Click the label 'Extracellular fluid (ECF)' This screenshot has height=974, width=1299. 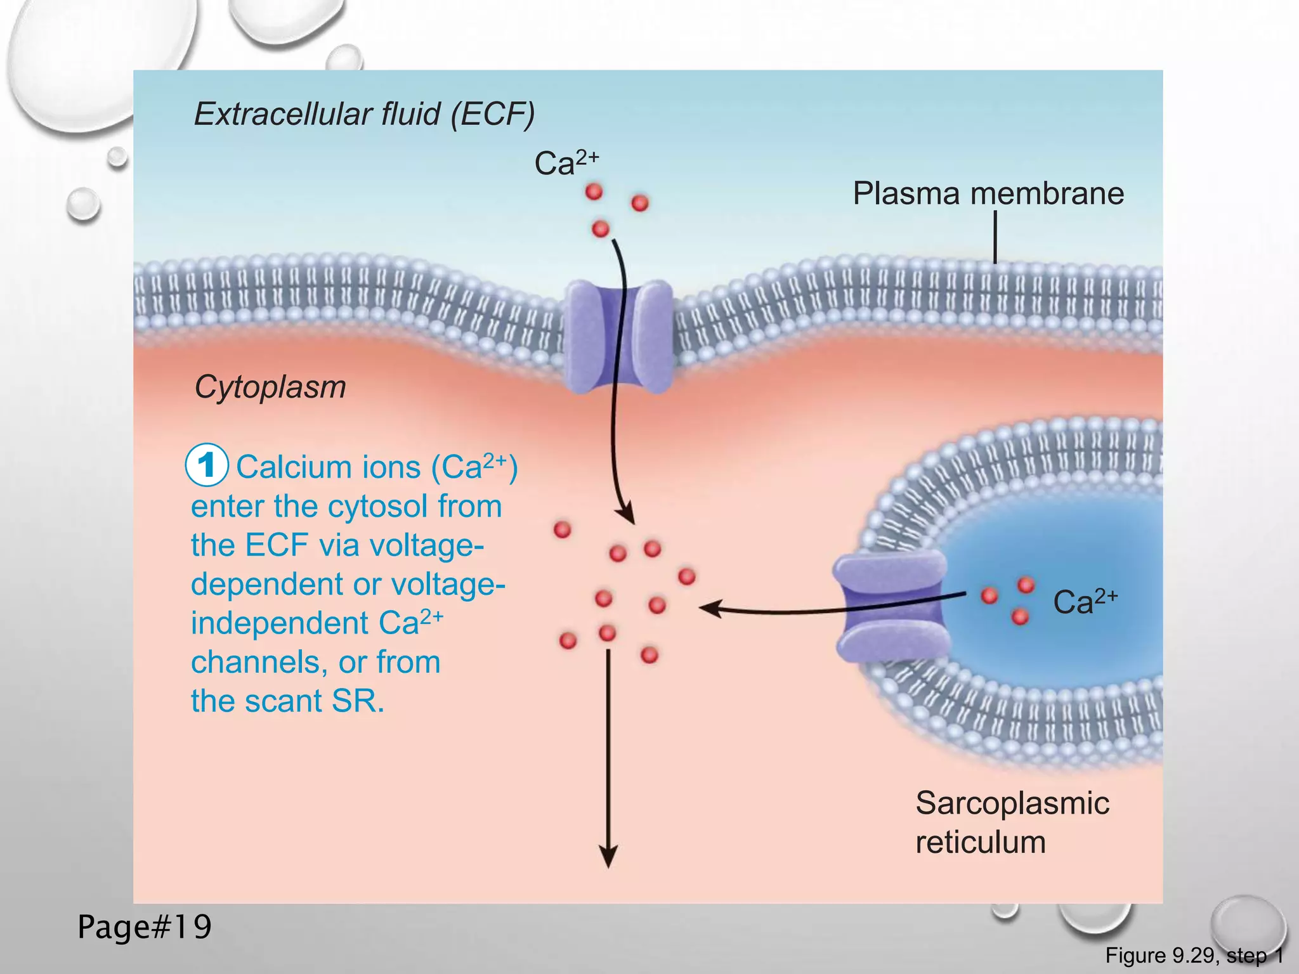click(x=364, y=114)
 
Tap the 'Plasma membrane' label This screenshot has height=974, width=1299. click(x=988, y=193)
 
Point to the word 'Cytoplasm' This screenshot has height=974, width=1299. click(x=270, y=387)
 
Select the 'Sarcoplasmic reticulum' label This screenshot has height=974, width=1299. click(x=1012, y=822)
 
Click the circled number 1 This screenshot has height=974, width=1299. click(x=206, y=466)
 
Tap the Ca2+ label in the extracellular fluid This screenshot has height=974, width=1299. click(x=566, y=163)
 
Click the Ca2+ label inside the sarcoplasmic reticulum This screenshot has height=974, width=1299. click(x=1085, y=602)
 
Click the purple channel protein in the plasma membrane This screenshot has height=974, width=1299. click(x=618, y=336)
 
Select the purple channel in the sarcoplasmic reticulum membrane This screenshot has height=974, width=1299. click(x=891, y=606)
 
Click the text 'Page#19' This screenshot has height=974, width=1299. click(x=145, y=927)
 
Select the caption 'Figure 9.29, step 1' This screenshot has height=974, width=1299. click(x=1194, y=955)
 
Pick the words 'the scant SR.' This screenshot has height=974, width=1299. click(x=287, y=701)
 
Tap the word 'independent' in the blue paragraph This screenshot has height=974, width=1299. click(x=280, y=623)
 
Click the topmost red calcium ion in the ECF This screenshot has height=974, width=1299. click(x=594, y=191)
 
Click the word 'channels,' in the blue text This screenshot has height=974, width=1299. click(x=259, y=663)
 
